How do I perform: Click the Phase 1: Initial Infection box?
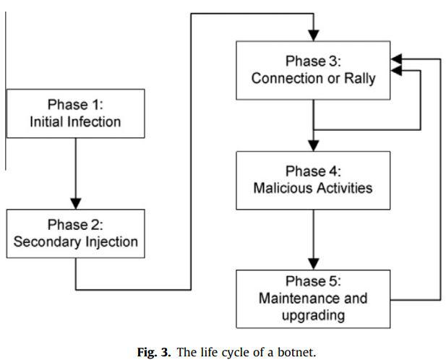(76, 113)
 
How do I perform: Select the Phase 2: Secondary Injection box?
(76, 233)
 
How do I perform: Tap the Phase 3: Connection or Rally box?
(313, 71)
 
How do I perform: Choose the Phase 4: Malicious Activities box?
(313, 181)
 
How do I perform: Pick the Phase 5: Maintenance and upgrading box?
(313, 299)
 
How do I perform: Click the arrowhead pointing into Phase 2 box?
(76, 204)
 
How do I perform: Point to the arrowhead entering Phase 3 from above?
(314, 35)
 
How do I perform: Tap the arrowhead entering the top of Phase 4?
(314, 145)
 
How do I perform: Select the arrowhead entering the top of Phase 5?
(314, 264)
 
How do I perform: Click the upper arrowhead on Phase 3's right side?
(396, 59)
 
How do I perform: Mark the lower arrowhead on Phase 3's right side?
(396, 70)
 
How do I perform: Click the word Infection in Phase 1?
(94, 122)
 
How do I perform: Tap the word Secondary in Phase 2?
(47, 242)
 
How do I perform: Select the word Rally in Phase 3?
(360, 79)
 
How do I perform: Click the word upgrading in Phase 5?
(313, 316)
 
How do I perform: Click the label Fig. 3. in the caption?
(154, 352)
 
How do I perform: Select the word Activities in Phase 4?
(345, 188)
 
